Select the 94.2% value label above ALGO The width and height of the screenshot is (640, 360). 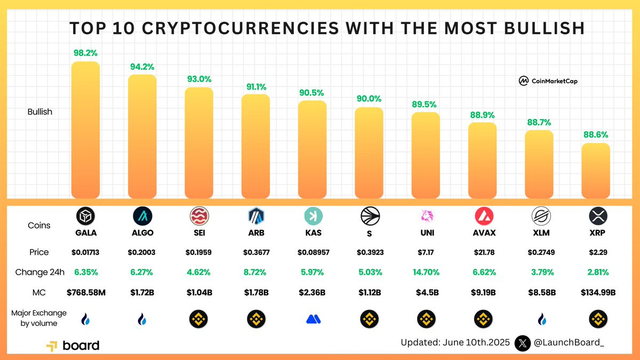[142, 67]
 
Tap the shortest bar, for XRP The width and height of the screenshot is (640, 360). [595, 170]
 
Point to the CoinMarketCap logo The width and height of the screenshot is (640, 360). [548, 81]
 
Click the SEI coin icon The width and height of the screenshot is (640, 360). [199, 215]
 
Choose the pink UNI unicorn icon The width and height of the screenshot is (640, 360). [426, 215]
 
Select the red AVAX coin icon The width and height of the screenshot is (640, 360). [484, 215]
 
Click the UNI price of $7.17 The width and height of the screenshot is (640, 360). [426, 252]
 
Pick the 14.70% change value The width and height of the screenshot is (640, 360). [426, 272]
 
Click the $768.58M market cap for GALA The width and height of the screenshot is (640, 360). [85, 292]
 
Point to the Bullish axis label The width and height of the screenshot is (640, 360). [40, 112]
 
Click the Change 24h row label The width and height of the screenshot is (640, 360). [39, 272]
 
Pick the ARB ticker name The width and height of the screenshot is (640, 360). [256, 233]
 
